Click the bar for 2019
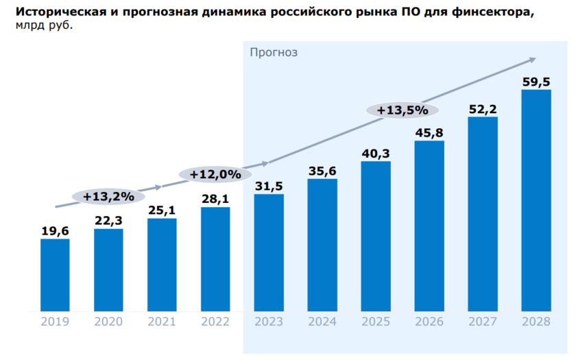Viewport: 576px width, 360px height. [x=55, y=274]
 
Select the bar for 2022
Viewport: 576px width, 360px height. [x=215, y=259]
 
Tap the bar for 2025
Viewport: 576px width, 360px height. [x=376, y=236]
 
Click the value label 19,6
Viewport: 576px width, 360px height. [x=55, y=232]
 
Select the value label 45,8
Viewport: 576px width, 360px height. [x=429, y=132]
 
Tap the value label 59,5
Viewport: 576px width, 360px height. [x=536, y=82]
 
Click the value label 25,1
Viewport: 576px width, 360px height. [x=162, y=210]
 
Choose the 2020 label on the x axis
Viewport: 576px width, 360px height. [x=108, y=322]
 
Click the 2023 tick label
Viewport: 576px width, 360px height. [x=269, y=322]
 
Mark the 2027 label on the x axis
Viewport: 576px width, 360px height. [x=483, y=322]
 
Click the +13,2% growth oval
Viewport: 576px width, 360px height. [x=108, y=197]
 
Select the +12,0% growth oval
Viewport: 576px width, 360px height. [x=215, y=174]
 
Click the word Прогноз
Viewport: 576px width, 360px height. [x=274, y=52]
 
